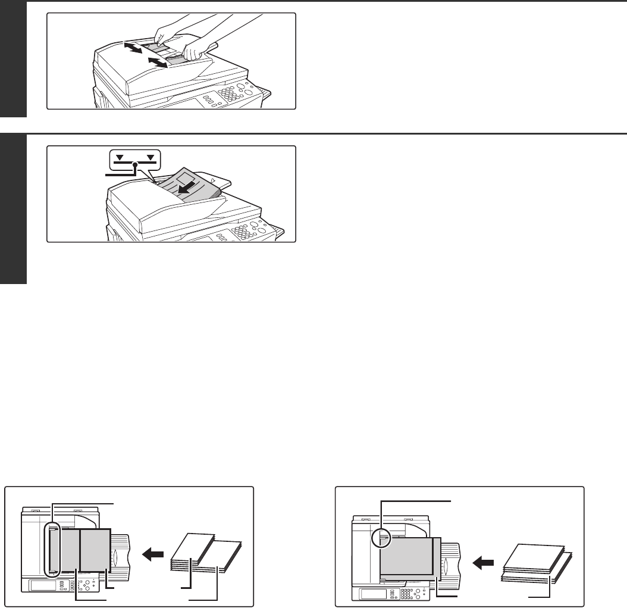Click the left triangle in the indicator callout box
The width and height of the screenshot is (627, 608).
click(x=121, y=158)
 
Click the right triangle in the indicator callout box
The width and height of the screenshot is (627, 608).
click(x=151, y=158)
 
